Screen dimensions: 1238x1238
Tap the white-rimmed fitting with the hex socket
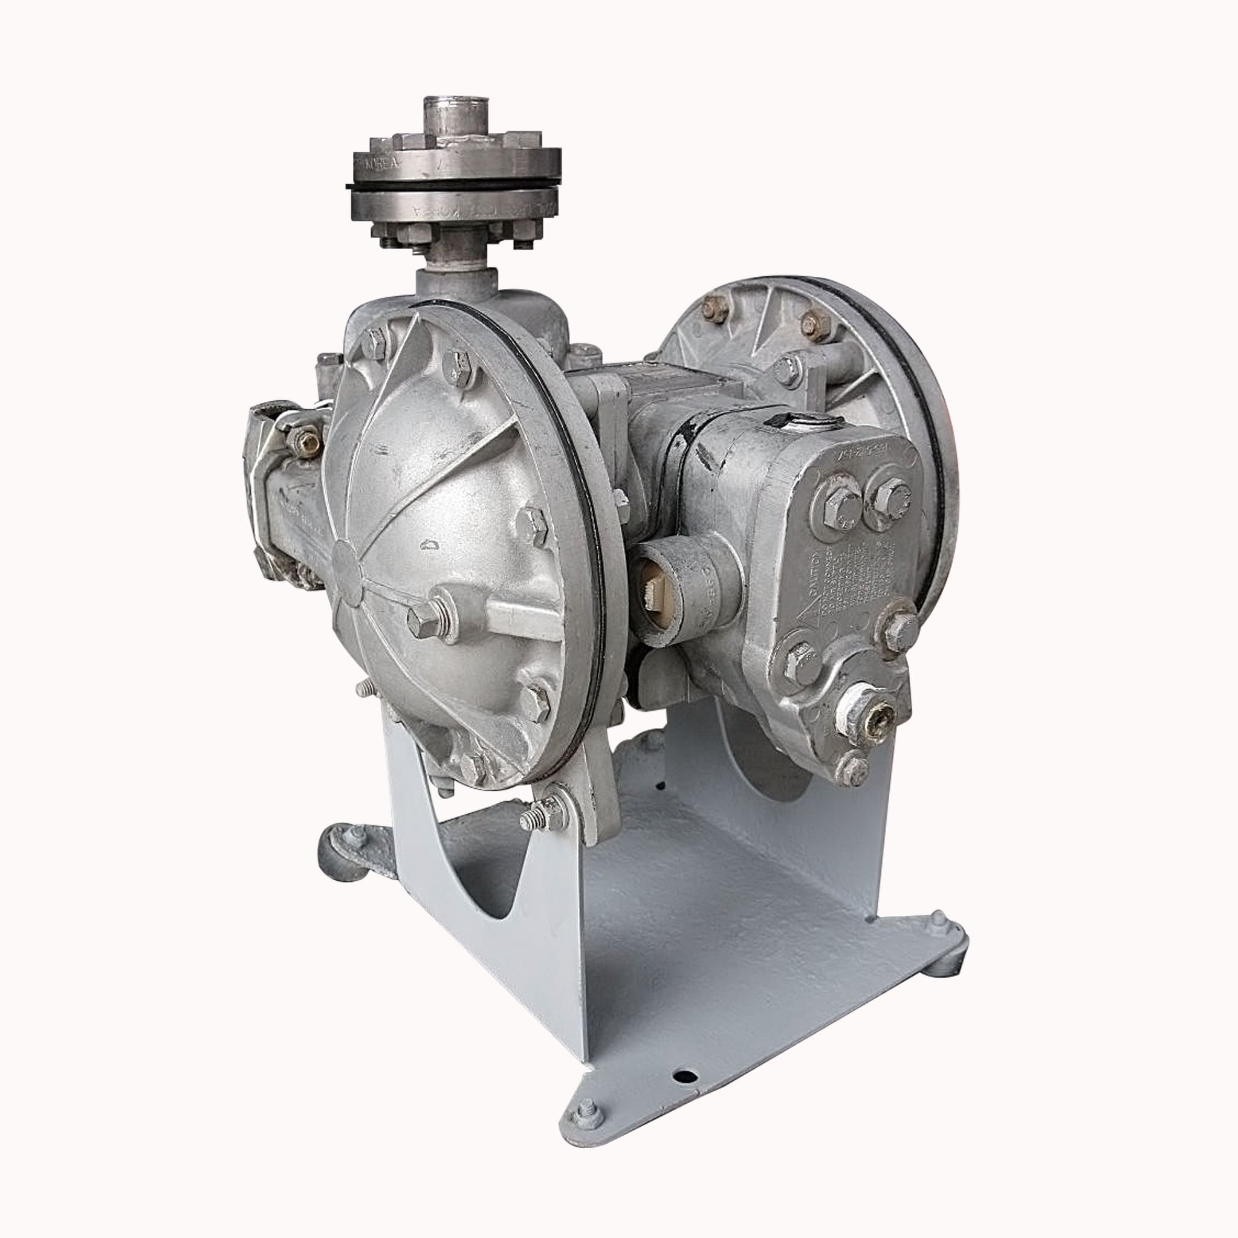click(867, 715)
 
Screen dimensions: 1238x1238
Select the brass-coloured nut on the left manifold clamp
click(306, 441)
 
